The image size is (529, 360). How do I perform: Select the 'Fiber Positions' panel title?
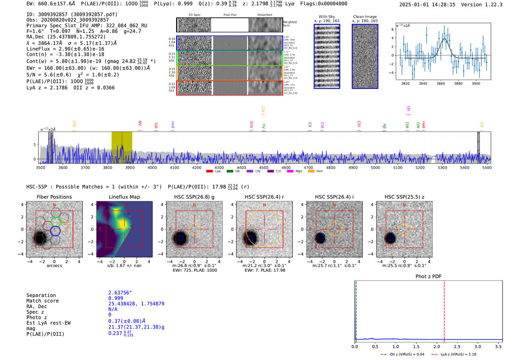tap(54, 197)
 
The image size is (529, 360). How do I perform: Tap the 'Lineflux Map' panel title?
tap(124, 197)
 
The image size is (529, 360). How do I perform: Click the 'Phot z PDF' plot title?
tap(428, 276)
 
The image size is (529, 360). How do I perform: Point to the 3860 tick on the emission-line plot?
tap(441, 83)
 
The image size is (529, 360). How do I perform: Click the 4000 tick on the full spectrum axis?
tap(152, 167)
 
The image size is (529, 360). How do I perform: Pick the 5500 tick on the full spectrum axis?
tap(487, 167)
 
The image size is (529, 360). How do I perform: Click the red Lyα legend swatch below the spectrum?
tap(209, 171)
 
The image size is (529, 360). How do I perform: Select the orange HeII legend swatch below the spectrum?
tap(311, 171)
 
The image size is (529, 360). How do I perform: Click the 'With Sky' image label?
tap(326, 17)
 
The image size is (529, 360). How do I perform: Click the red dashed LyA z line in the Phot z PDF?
tap(444, 310)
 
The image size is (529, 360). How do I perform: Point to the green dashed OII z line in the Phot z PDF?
tap(356, 310)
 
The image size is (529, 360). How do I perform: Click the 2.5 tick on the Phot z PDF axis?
tap(457, 346)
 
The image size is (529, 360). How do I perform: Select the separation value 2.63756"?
tap(120, 293)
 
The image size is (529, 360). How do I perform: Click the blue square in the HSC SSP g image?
tap(181, 238)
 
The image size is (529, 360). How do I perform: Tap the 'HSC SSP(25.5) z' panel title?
tap(404, 197)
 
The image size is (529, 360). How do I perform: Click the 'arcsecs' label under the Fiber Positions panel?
tap(54, 266)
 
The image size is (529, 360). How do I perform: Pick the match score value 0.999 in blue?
tap(116, 298)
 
